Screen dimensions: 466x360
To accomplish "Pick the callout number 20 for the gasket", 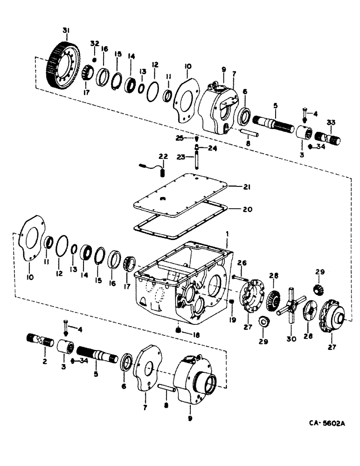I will [247, 209].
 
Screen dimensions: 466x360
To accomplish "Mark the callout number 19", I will [232, 320].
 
